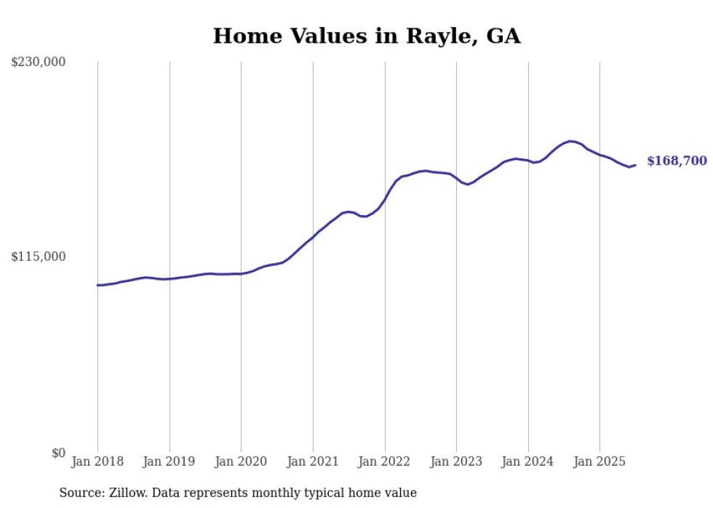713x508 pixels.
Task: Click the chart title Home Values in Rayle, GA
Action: click(x=367, y=36)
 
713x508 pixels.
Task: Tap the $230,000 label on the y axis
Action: click(x=39, y=63)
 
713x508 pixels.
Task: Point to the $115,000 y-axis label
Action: click(x=39, y=257)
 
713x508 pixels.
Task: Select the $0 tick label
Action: click(x=58, y=453)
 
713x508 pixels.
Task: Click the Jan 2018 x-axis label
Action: click(x=97, y=461)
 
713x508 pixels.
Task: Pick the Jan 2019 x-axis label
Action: click(x=170, y=461)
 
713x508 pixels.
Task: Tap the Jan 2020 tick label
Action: click(x=241, y=461)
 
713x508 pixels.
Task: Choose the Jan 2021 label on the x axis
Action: click(x=313, y=461)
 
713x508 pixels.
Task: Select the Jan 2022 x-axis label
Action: click(x=385, y=461)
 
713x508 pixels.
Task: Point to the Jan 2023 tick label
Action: click(x=456, y=461)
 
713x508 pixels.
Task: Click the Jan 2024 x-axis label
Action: click(x=528, y=461)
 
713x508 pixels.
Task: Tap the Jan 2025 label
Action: click(x=600, y=461)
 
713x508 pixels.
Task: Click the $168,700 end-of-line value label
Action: click(x=677, y=161)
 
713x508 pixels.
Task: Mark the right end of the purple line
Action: click(x=635, y=165)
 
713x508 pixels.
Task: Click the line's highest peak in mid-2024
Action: click(x=571, y=141)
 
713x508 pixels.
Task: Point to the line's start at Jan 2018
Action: click(x=97, y=285)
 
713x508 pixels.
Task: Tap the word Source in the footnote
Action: click(x=79, y=493)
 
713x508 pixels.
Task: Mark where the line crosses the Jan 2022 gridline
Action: click(x=385, y=198)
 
